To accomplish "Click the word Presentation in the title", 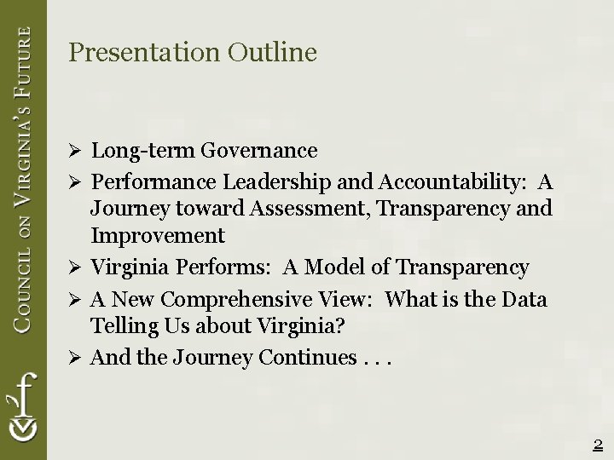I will click(144, 53).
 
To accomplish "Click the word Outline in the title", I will click(272, 53).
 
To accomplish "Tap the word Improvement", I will click(158, 235).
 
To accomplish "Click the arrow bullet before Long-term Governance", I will click(74, 152).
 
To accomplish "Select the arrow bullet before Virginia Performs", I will click(74, 268).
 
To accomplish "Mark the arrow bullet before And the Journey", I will click(74, 359).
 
